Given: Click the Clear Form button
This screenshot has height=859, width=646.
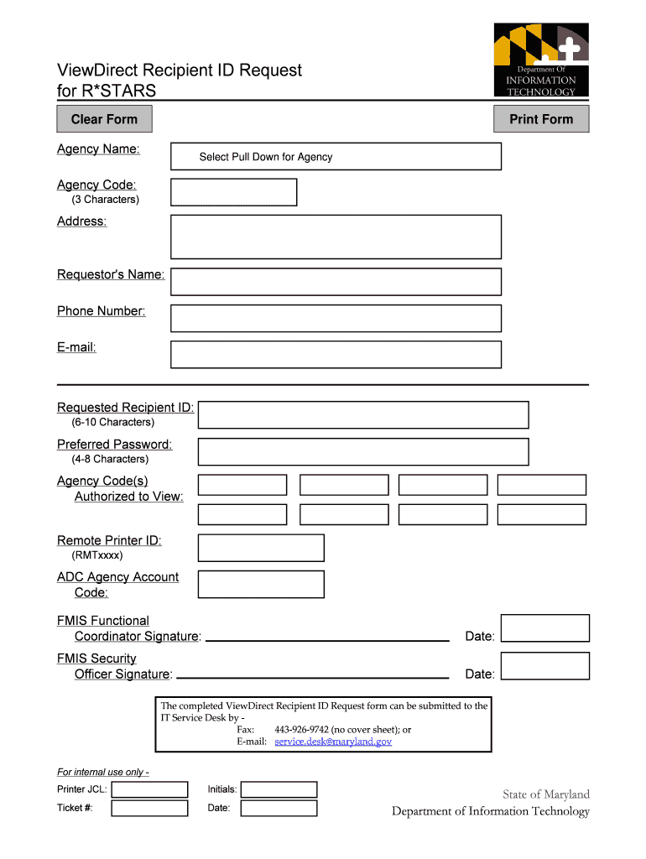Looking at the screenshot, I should pyautogui.click(x=104, y=119).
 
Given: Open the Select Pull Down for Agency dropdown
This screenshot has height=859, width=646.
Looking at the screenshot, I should pyautogui.click(x=336, y=157).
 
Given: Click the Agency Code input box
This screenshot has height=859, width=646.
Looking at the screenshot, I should pyautogui.click(x=233, y=192).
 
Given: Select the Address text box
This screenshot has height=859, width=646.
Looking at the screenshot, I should pyautogui.click(x=336, y=237).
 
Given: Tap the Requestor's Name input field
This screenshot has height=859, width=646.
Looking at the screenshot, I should pyautogui.click(x=336, y=282).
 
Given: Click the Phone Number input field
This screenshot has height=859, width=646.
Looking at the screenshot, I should pyautogui.click(x=336, y=318).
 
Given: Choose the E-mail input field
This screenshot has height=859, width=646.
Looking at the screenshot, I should pyautogui.click(x=336, y=354).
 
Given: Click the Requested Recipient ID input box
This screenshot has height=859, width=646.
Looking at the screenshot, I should pyautogui.click(x=363, y=414).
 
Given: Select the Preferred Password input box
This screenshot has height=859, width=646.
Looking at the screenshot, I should pyautogui.click(x=363, y=451).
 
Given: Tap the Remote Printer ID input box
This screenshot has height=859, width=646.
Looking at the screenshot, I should pyautogui.click(x=261, y=548).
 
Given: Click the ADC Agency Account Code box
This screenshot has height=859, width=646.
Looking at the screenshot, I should pyautogui.click(x=261, y=585).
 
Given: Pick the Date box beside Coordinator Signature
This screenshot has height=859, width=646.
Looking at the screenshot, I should pyautogui.click(x=550, y=628).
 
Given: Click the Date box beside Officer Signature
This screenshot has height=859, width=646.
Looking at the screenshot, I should pyautogui.click(x=550, y=666).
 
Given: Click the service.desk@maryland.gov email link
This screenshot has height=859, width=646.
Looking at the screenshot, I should pyautogui.click(x=333, y=742).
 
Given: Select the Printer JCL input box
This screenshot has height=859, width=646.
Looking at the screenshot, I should pyautogui.click(x=149, y=789).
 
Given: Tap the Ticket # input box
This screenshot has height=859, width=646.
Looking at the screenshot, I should pyautogui.click(x=149, y=809).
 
